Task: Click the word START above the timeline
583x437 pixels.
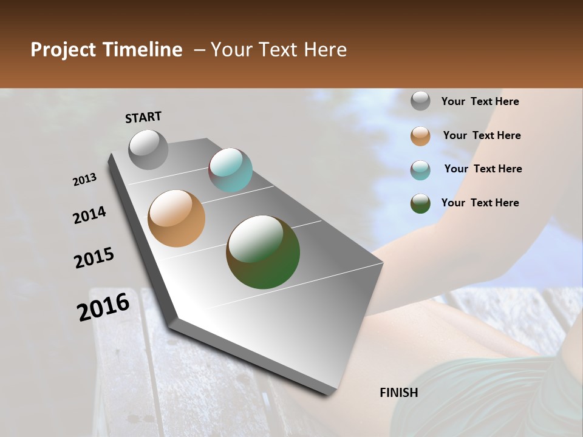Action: pos(143,117)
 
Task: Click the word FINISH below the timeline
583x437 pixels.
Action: pos(399,393)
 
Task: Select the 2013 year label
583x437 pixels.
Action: pos(85,180)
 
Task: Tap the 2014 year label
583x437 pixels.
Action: pos(90,215)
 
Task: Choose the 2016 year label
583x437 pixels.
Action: pos(103,307)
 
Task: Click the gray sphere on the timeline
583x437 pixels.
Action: pos(148,149)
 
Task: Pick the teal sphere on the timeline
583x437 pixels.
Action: pos(230,171)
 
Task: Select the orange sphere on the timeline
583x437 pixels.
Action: pos(177,218)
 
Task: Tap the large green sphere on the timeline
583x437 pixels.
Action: pos(263,252)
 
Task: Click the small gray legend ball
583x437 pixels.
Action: pos(420,101)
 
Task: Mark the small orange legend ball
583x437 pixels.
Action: pos(420,136)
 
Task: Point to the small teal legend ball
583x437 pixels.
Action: pos(420,170)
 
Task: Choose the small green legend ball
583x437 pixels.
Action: pos(420,203)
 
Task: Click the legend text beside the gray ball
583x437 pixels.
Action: pos(480,101)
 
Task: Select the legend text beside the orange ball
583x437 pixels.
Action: pos(482,135)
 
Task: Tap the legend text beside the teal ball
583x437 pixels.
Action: pos(483,169)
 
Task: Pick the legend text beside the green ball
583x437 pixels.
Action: pos(480,203)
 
